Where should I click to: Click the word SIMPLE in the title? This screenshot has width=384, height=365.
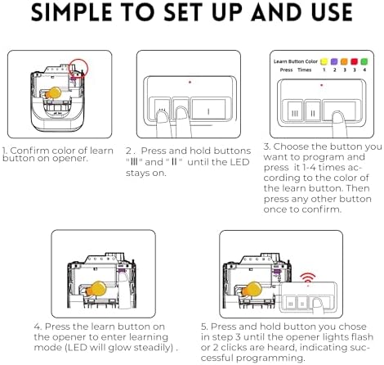[x=72, y=12]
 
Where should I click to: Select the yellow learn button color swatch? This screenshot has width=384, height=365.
[x=324, y=61]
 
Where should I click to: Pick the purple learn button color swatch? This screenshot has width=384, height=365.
[x=334, y=61]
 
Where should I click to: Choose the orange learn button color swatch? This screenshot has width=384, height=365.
[x=344, y=61]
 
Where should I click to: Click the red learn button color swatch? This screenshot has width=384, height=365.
[x=354, y=61]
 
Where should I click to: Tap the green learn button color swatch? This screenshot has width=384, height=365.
[x=364, y=61]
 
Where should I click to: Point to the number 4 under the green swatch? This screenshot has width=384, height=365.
[x=364, y=70]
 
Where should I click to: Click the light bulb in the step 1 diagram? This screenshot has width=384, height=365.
[x=53, y=93]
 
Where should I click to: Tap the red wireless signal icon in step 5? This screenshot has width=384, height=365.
[x=308, y=278]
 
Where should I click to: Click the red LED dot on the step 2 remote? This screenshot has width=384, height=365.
[x=190, y=82]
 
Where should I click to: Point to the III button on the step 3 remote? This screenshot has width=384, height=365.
[x=295, y=111]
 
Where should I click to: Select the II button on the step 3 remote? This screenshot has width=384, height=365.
[x=313, y=111]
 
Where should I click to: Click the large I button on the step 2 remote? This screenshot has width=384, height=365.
[x=208, y=109]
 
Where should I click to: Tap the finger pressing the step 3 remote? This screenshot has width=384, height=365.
[x=339, y=124]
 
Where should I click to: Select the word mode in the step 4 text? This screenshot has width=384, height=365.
[x=43, y=348]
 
